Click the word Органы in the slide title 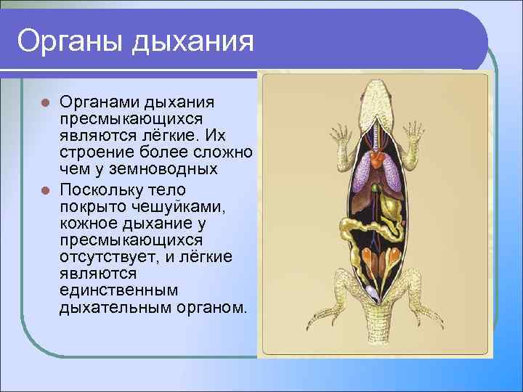(x=69, y=41)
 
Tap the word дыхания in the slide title (x=192, y=41)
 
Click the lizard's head (x=376, y=93)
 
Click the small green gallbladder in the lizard (x=376, y=190)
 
